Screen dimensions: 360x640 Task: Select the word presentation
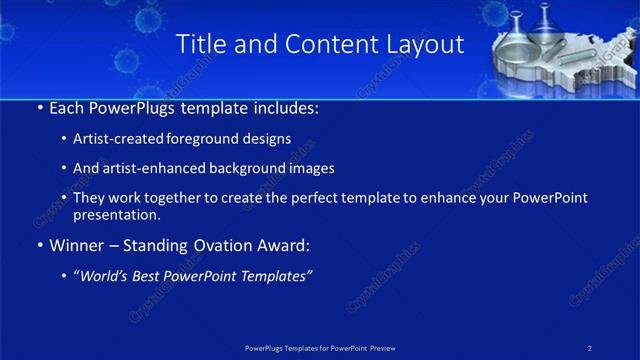coord(115,214)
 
